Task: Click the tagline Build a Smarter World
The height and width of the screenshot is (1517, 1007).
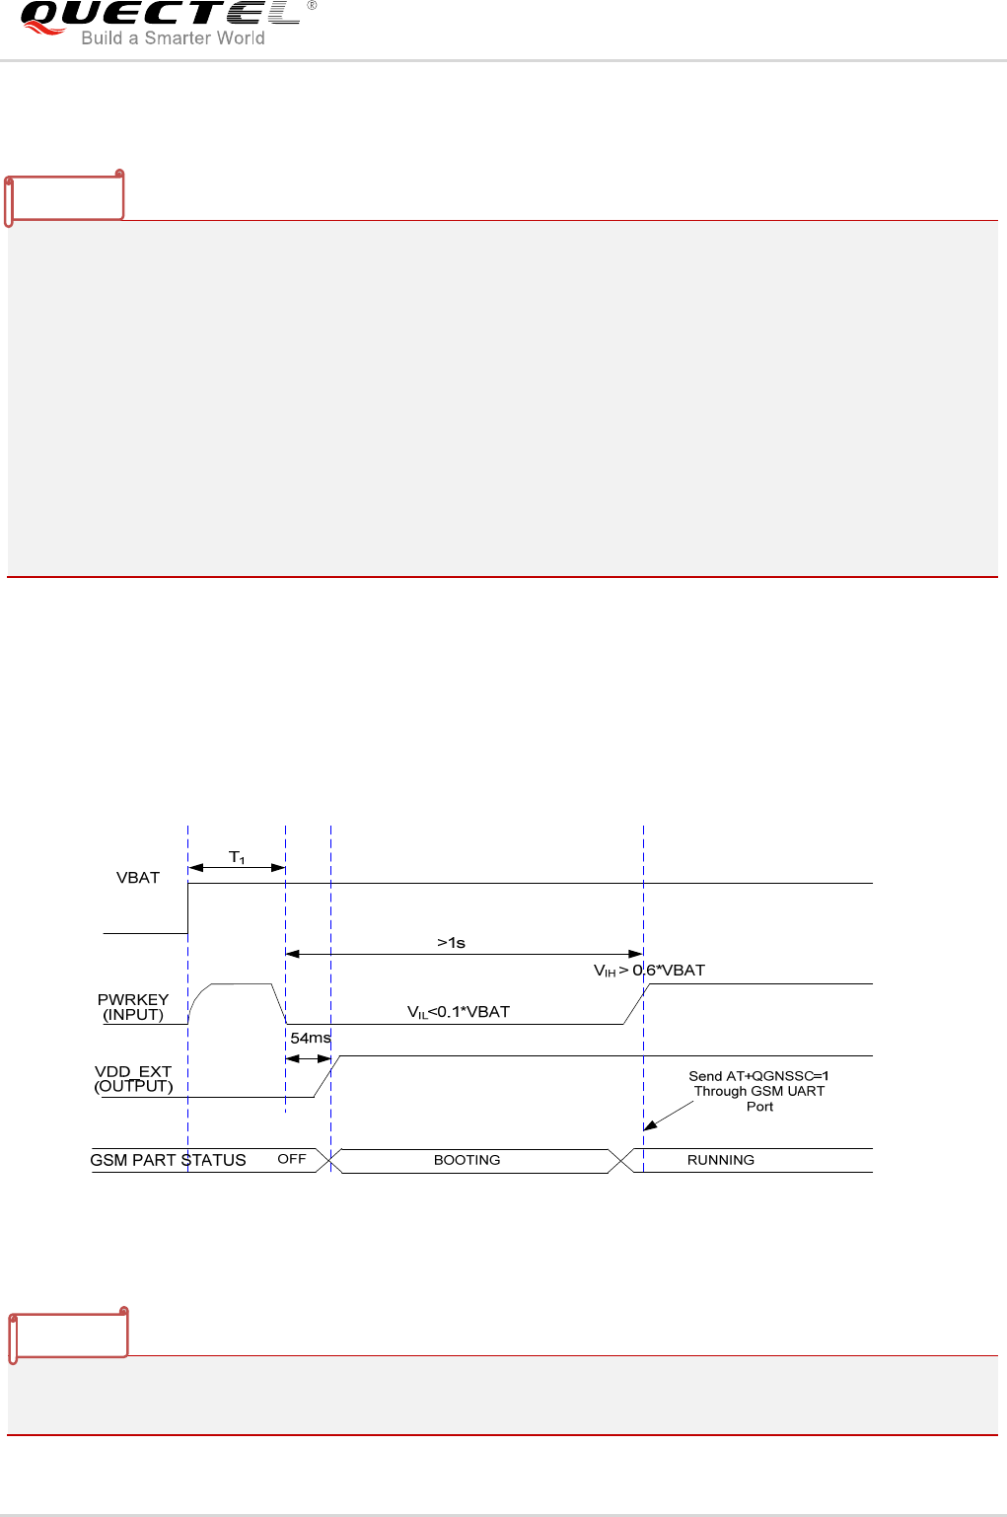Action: pyautogui.click(x=173, y=38)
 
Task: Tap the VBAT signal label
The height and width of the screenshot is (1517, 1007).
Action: pyautogui.click(x=138, y=878)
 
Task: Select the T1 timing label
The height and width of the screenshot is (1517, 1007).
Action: pyautogui.click(x=237, y=857)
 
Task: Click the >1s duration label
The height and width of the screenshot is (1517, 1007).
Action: pyautogui.click(x=451, y=943)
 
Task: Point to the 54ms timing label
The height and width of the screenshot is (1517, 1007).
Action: pyautogui.click(x=310, y=1038)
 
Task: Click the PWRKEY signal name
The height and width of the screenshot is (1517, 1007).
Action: pyautogui.click(x=133, y=999)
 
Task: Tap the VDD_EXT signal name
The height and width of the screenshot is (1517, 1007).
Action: pyautogui.click(x=133, y=1071)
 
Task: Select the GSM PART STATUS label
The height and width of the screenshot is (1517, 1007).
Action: pyautogui.click(x=168, y=1160)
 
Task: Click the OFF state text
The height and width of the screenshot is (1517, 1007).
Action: pyautogui.click(x=292, y=1159)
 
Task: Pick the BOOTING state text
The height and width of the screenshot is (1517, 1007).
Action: pyautogui.click(x=467, y=1160)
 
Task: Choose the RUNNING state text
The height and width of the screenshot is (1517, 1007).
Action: pyautogui.click(x=720, y=1160)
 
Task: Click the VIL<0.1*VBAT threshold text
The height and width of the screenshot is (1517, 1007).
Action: pyautogui.click(x=459, y=1012)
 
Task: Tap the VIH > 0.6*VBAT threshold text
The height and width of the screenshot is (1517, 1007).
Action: pyautogui.click(x=649, y=971)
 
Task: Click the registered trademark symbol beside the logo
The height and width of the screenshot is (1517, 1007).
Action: pyautogui.click(x=312, y=6)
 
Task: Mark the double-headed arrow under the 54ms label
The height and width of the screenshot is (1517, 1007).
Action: pyautogui.click(x=308, y=1058)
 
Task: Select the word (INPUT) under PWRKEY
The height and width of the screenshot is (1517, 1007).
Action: pyautogui.click(x=133, y=1015)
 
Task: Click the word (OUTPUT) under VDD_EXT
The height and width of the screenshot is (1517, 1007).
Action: pyautogui.click(x=133, y=1086)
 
